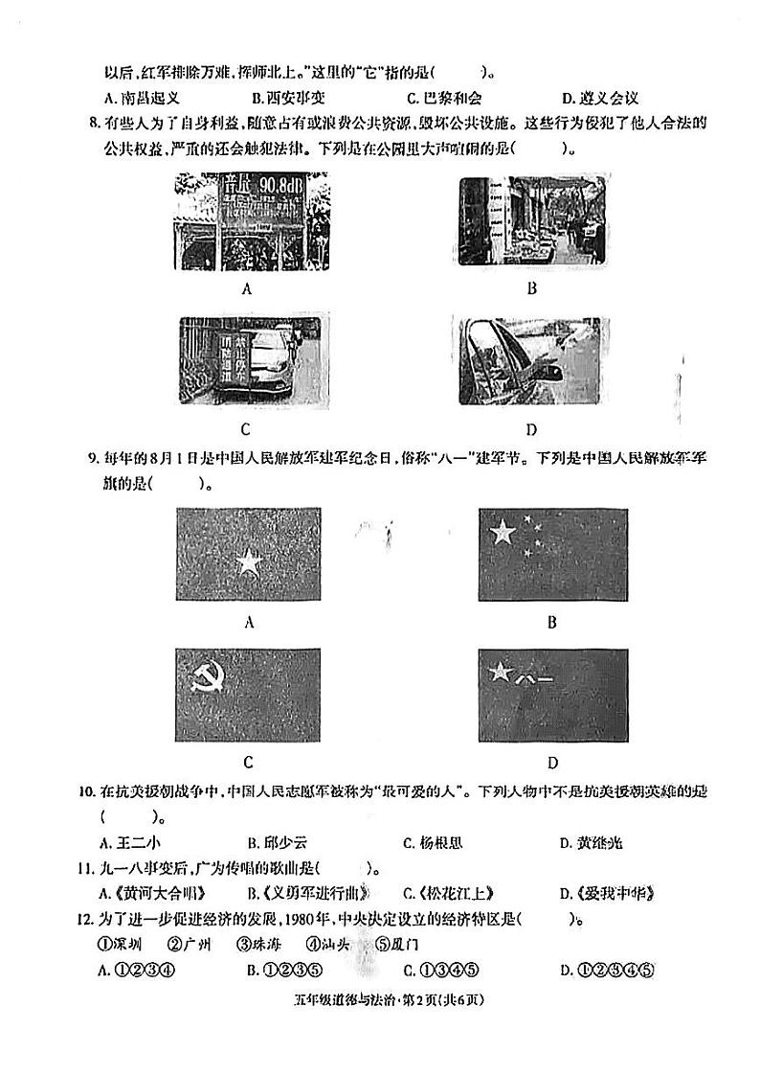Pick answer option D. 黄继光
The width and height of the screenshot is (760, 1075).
[591, 843]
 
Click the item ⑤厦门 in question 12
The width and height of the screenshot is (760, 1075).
[401, 944]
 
